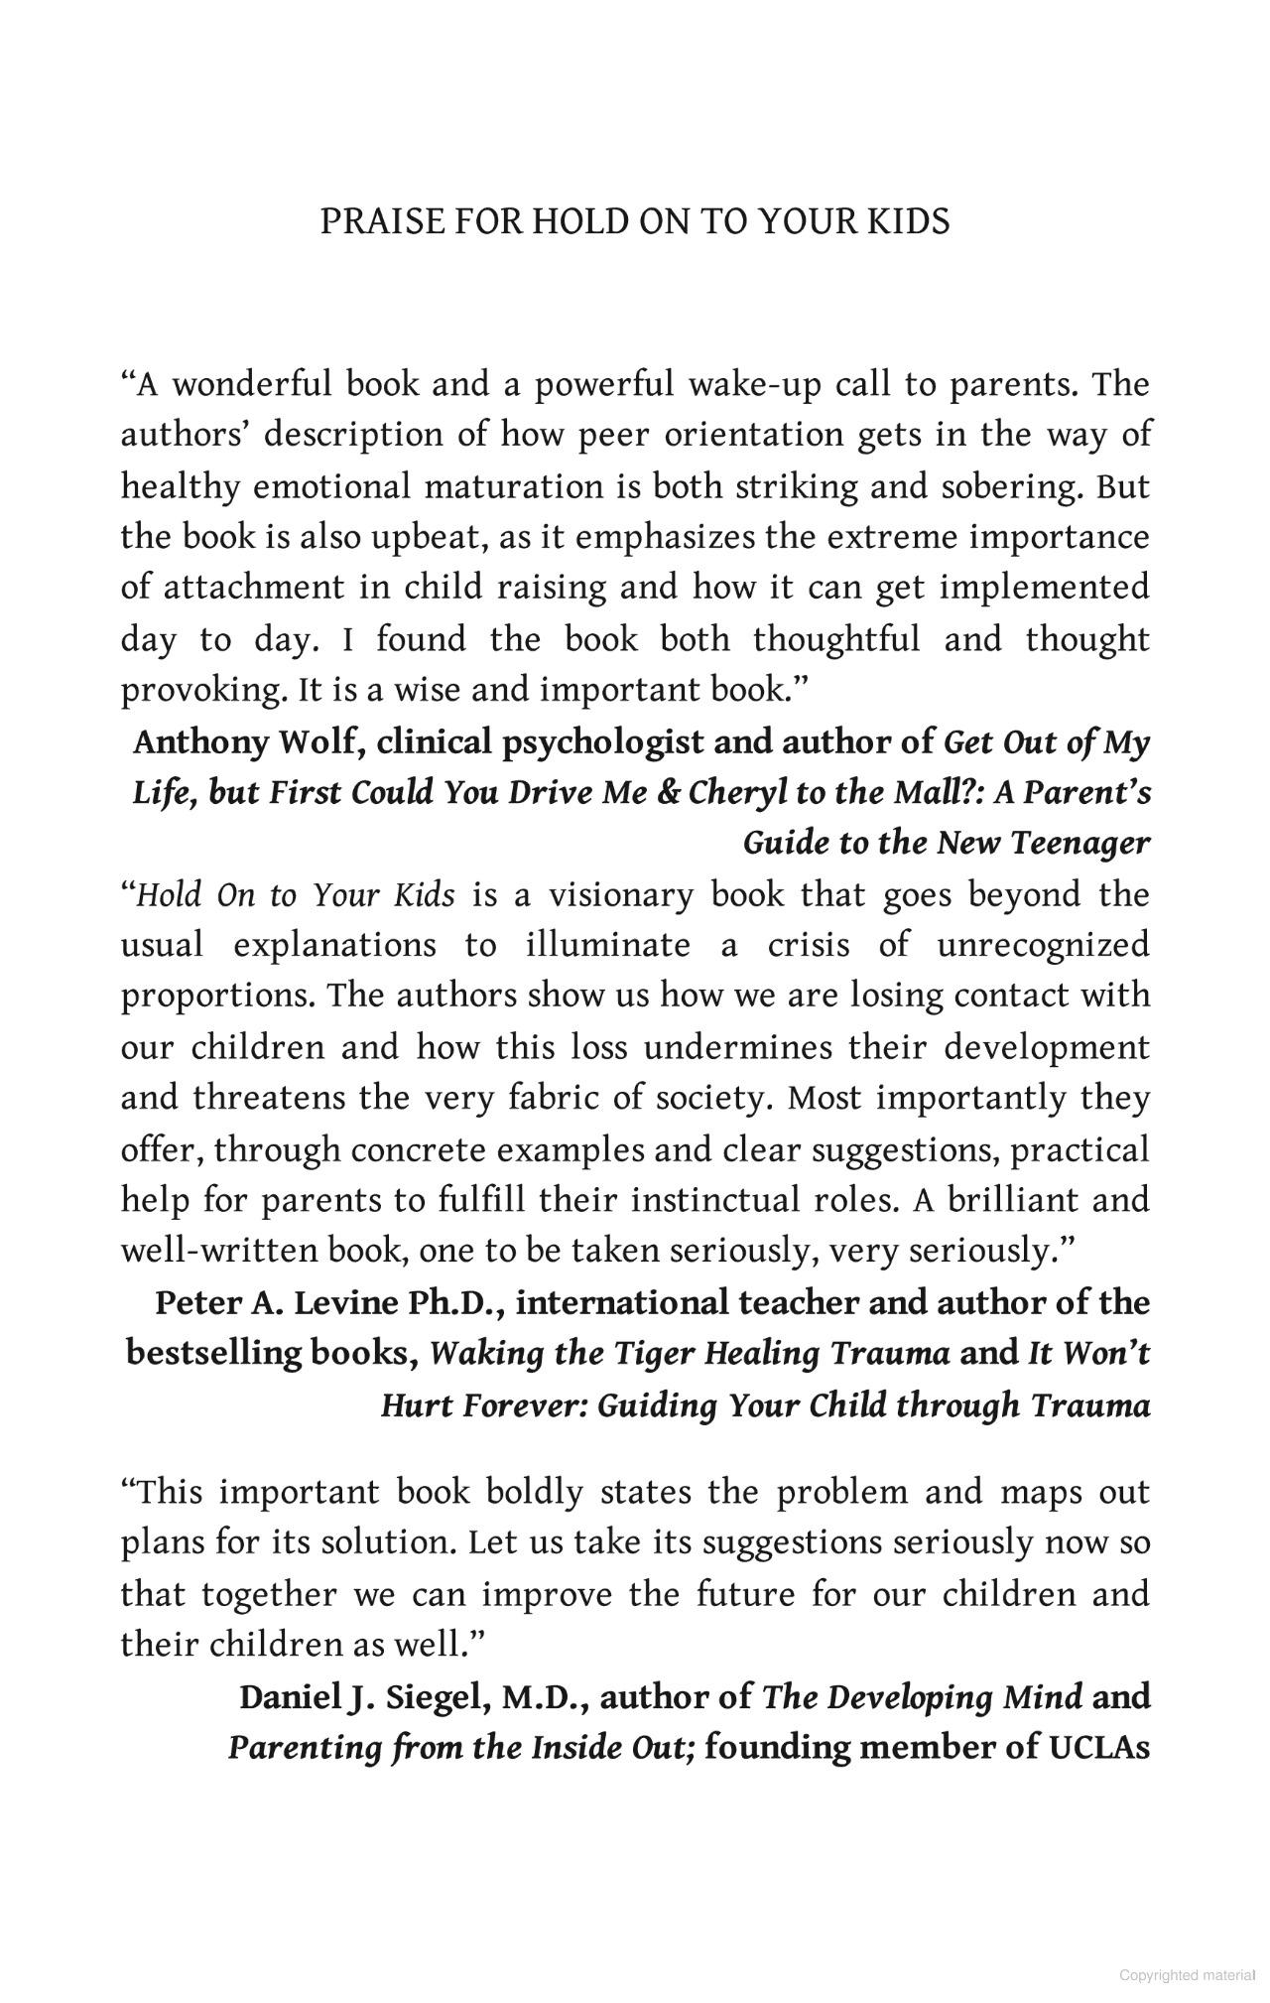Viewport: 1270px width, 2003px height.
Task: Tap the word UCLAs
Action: (1099, 1747)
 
